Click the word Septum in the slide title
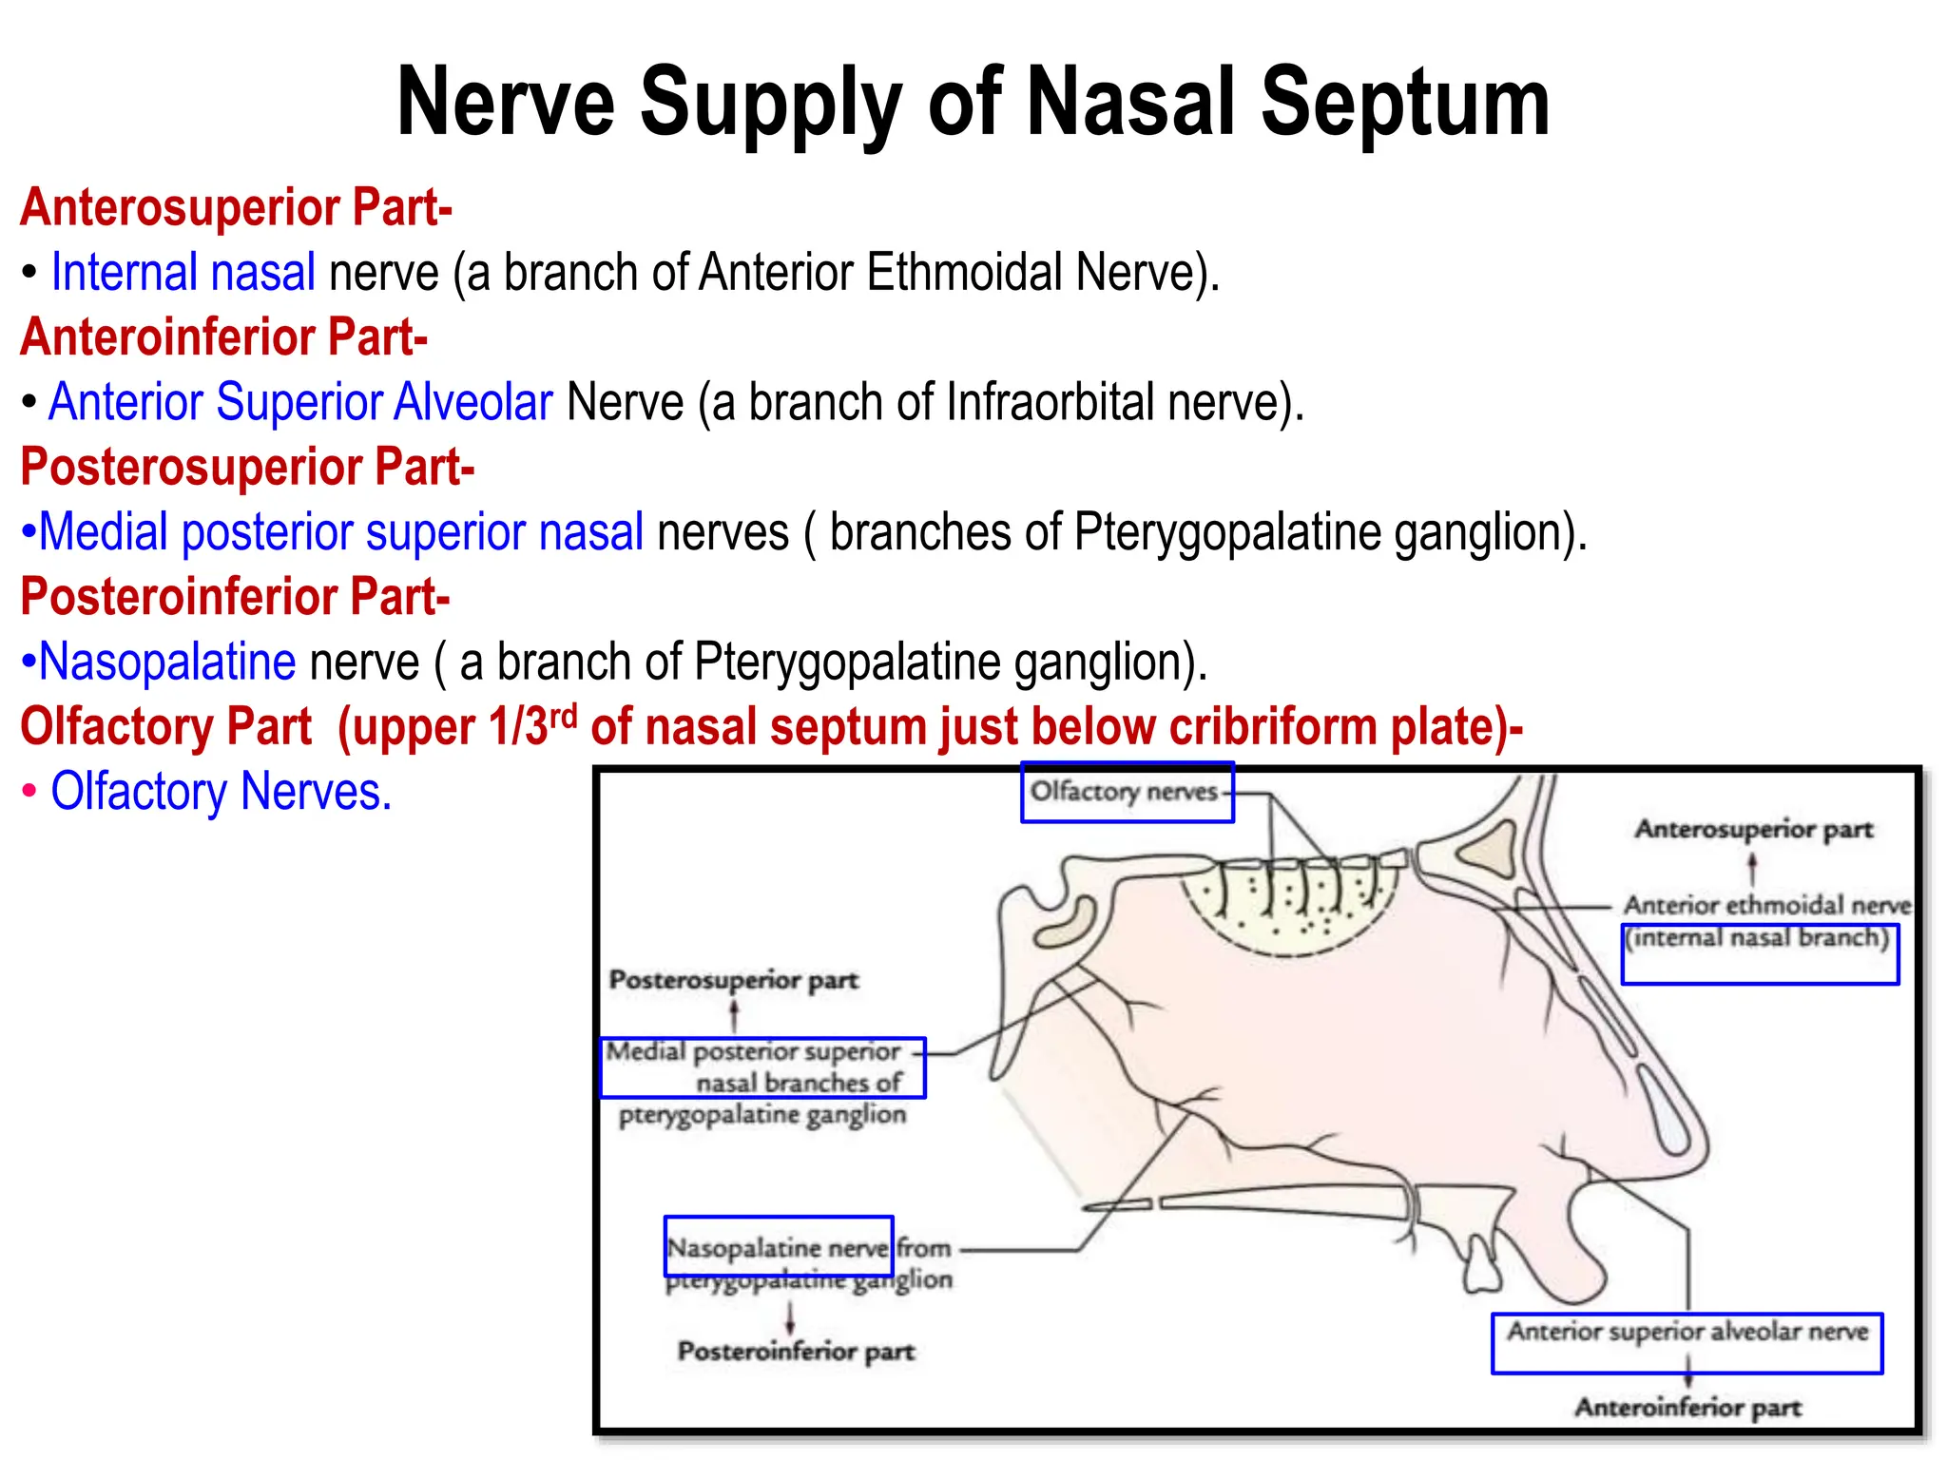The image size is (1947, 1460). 1404,103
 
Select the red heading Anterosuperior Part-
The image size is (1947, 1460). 236,207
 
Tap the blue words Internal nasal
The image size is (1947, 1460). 183,273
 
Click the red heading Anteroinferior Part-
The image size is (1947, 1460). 224,337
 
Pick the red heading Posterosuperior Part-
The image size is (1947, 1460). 247,468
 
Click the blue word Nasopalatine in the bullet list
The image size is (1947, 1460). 168,662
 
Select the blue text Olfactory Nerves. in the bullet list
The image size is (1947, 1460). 221,792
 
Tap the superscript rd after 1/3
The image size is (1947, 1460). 564,715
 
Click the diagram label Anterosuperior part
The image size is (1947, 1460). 1753,830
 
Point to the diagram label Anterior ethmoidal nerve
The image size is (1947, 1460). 1766,905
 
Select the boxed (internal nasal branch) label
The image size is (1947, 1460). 1758,939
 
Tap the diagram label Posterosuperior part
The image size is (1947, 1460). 733,980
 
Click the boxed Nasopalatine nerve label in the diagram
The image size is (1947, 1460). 778,1247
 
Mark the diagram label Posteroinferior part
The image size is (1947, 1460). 796,1352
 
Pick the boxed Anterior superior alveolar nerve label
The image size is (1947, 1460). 1687,1332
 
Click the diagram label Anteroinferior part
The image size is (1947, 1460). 1687,1408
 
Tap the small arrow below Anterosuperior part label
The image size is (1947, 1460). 1752,867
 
